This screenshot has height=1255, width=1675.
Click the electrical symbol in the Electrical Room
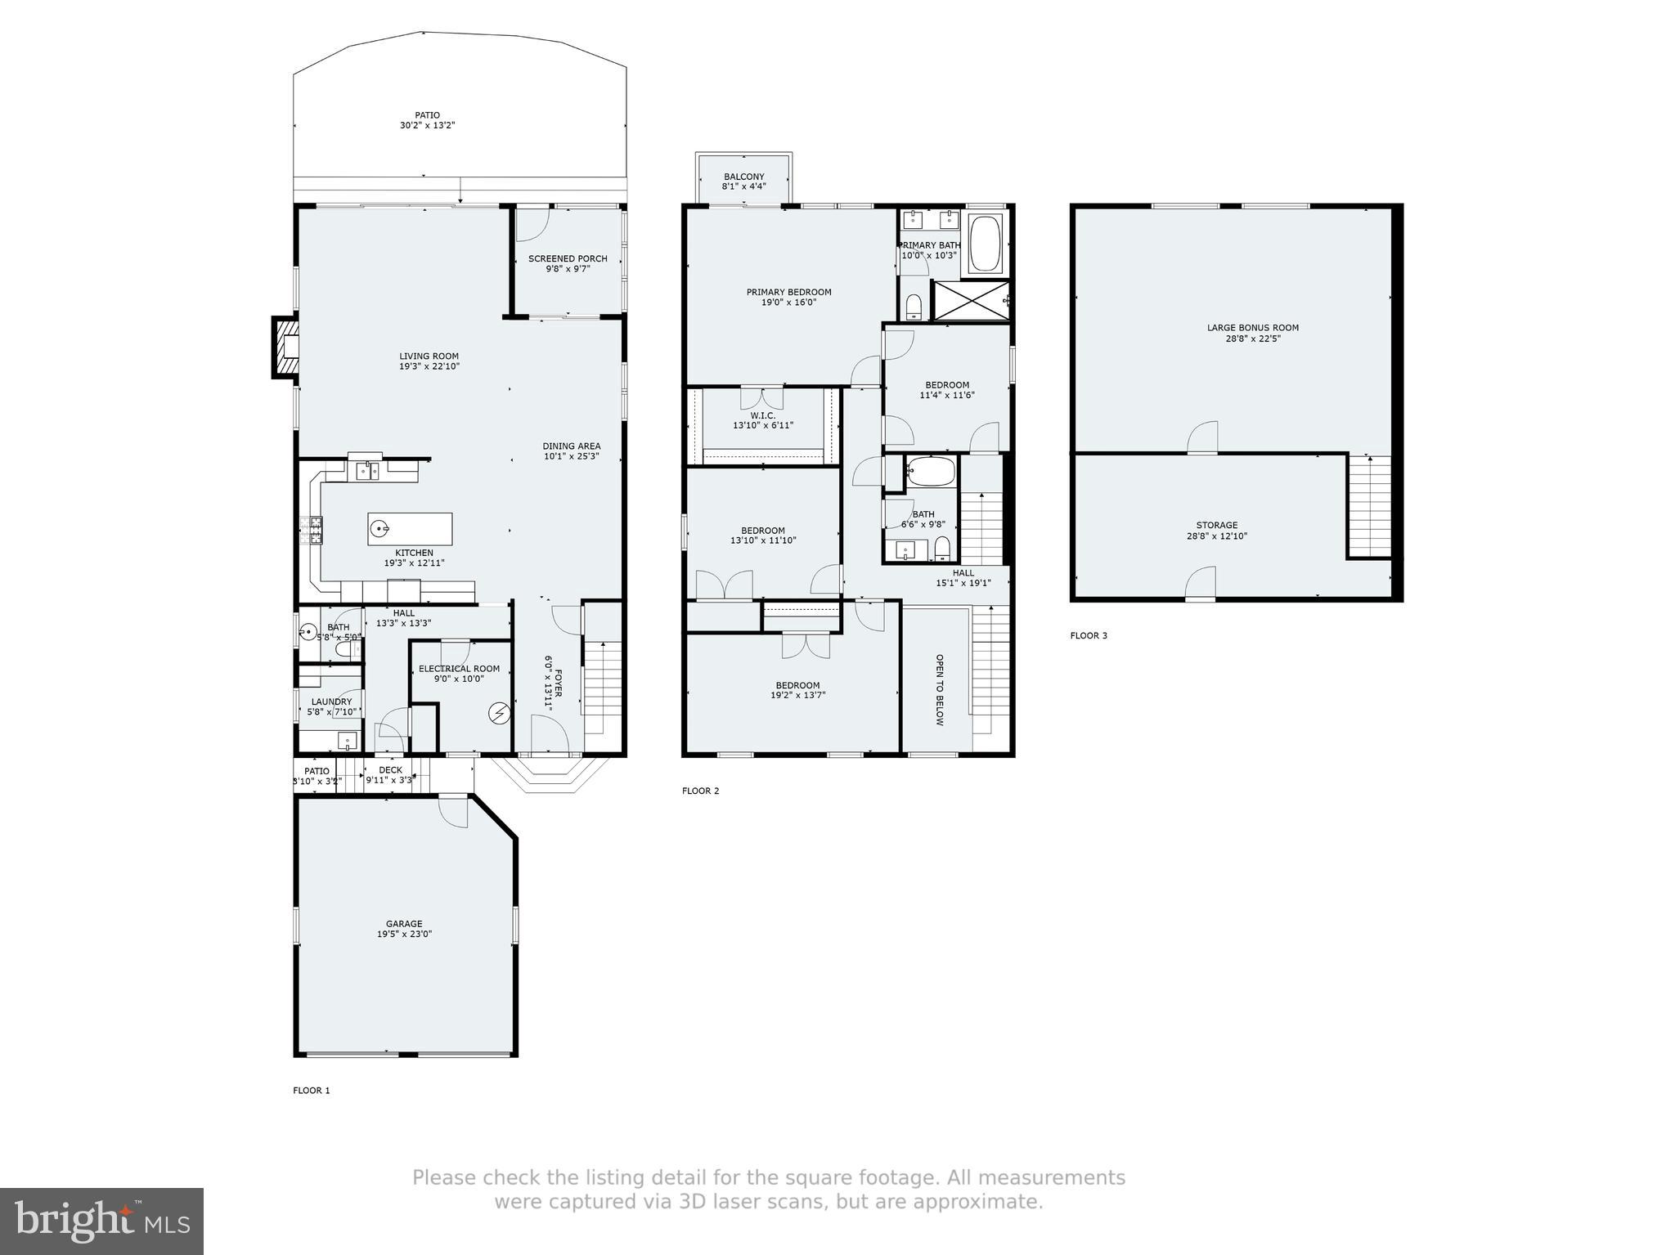(x=498, y=714)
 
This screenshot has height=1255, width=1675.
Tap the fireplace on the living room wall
(x=285, y=347)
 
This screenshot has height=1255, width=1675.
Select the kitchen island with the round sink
(x=410, y=529)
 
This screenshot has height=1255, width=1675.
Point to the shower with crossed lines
(x=969, y=301)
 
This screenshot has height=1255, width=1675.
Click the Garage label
(x=404, y=924)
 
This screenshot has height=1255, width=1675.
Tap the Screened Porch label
(x=568, y=258)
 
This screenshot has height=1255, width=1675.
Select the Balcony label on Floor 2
(x=743, y=177)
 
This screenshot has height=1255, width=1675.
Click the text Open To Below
(x=939, y=689)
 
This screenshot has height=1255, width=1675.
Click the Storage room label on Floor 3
(x=1216, y=525)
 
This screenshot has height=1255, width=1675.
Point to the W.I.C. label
(x=762, y=415)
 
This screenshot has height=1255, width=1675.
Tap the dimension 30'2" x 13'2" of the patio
(x=427, y=126)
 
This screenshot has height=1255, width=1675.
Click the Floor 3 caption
(x=1089, y=635)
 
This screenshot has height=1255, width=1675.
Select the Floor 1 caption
(x=312, y=1090)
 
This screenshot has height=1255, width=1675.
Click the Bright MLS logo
(x=101, y=1221)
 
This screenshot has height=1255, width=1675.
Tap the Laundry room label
(x=331, y=701)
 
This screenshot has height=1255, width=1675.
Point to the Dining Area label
(x=571, y=446)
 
